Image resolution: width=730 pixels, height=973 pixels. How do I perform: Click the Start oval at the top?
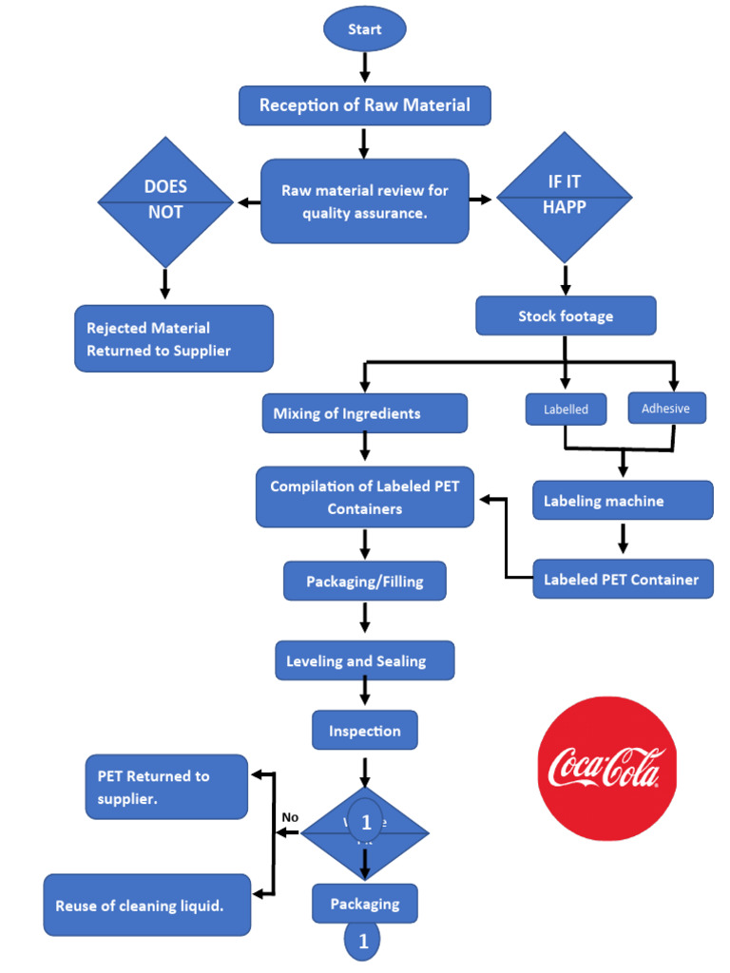coord(365,29)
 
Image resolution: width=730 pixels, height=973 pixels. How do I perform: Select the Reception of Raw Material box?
coord(365,105)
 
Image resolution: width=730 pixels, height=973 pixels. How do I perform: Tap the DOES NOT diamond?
coord(166,200)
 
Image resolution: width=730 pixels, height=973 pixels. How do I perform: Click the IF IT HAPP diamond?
coord(566,196)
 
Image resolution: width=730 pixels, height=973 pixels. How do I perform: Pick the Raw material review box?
coord(365,201)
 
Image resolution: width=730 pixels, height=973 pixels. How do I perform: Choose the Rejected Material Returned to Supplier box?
coord(173,339)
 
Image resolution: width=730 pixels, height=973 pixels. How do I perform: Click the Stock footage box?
coord(566,316)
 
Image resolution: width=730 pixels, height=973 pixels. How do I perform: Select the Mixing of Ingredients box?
coord(365,413)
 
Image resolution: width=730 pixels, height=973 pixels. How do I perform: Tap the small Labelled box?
coord(566,410)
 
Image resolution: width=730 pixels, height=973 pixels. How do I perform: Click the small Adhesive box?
coord(666,409)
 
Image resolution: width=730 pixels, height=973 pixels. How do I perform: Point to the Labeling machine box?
coord(623,501)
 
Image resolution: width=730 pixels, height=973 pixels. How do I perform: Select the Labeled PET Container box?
coord(623,580)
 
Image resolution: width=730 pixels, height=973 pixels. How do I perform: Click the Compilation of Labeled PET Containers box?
coord(365,497)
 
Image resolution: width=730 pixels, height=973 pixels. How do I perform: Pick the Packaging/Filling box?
coord(365,581)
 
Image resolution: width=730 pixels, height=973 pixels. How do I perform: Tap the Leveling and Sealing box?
coord(365,660)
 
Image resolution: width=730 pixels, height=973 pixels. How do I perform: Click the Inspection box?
coord(365,731)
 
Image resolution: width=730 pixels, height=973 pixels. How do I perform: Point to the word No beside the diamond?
coord(291,817)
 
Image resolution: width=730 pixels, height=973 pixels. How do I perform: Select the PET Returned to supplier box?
coord(166,787)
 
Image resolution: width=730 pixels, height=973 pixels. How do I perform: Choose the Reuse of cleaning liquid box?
coord(147,906)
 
